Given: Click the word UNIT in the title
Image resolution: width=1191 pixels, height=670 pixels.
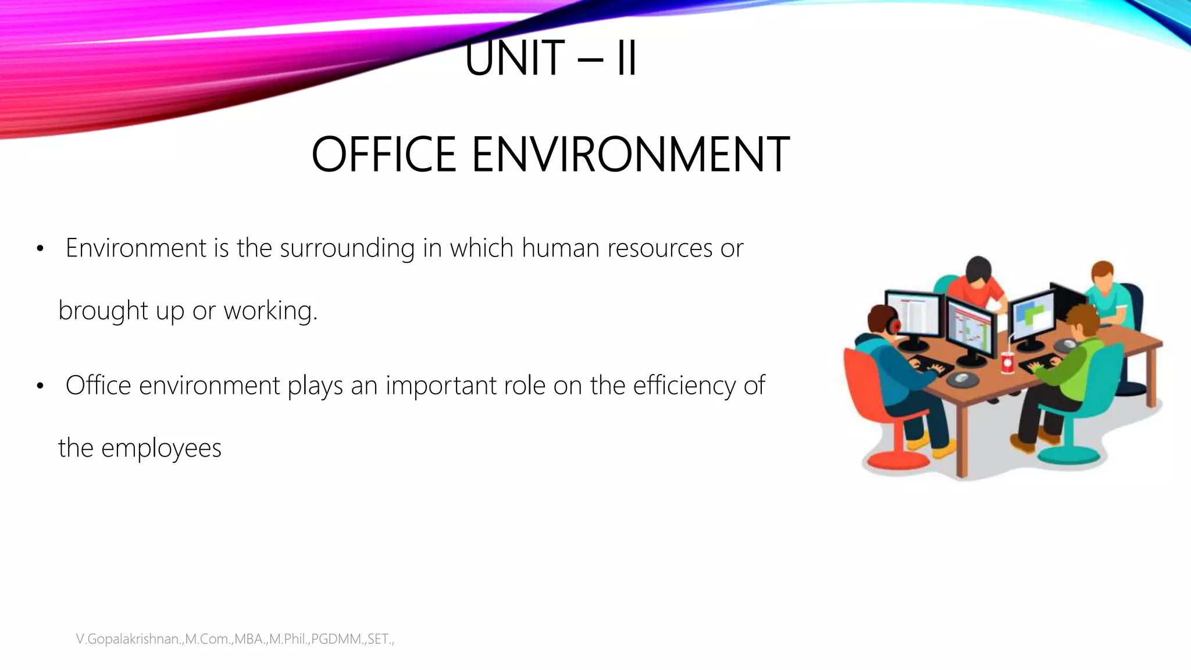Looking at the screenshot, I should point(515,58).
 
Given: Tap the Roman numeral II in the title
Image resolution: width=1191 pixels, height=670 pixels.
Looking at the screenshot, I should point(626,58).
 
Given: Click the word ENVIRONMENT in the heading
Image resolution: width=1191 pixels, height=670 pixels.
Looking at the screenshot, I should point(630,154).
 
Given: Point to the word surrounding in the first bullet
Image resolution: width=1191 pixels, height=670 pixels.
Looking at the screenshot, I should point(347,249).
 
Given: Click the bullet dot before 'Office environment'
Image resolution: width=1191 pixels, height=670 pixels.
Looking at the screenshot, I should point(40,386).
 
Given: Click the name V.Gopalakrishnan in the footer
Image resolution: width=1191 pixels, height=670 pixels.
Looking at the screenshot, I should point(128,639).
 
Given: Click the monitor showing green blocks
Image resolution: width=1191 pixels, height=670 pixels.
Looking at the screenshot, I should point(1032,314).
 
